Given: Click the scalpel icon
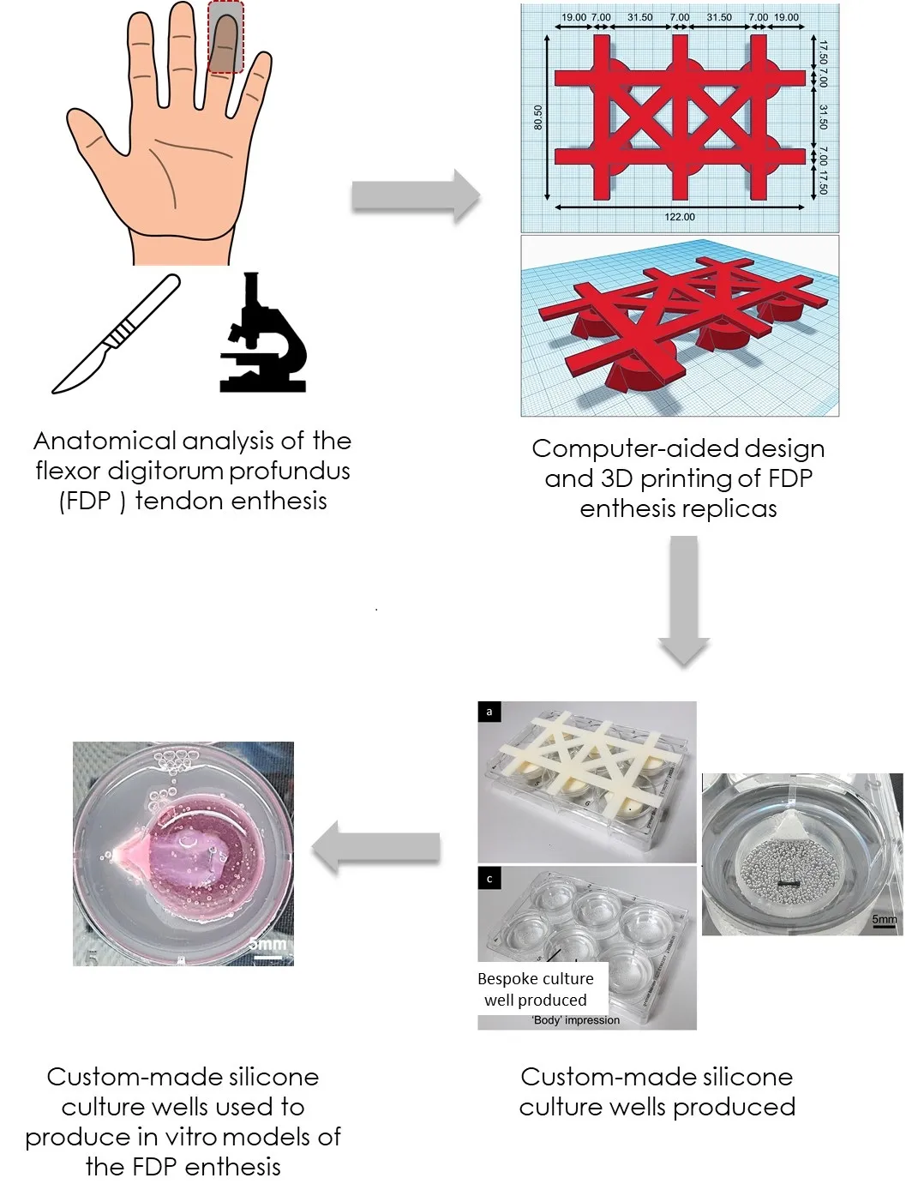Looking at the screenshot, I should [116, 335].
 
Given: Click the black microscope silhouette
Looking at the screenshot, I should [262, 335].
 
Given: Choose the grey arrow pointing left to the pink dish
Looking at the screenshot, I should [376, 847].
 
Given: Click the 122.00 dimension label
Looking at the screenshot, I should [680, 217].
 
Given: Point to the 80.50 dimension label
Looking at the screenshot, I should [538, 117].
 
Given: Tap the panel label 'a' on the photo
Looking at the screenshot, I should [489, 712].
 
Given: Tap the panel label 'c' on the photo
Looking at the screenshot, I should [489, 878].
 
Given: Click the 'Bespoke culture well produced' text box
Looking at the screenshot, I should [536, 989].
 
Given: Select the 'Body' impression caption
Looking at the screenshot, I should [575, 1020].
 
